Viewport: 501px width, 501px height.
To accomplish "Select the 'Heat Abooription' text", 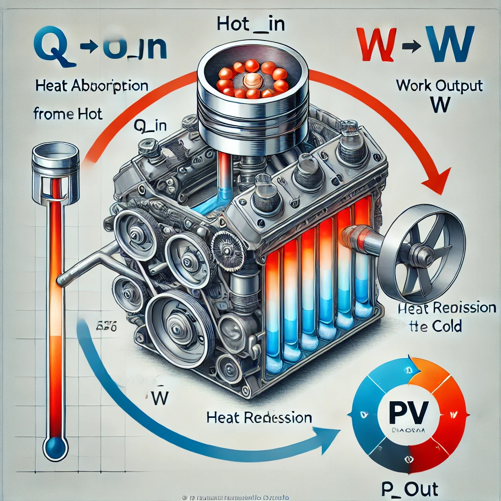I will point(92,86).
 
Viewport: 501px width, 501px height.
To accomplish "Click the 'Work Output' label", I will point(439,86).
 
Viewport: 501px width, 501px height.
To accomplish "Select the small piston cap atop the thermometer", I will point(55,156).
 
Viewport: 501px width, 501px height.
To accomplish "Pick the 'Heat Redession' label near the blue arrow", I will point(259,418).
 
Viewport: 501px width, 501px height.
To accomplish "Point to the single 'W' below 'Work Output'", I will point(439,105).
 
